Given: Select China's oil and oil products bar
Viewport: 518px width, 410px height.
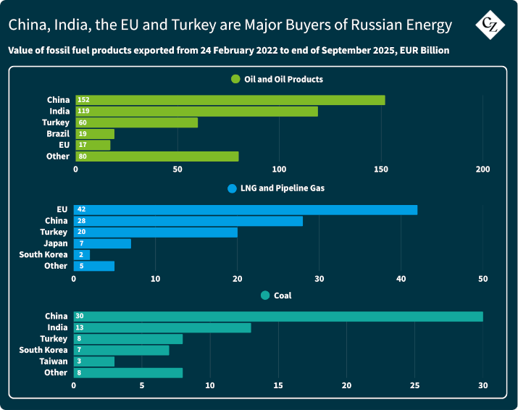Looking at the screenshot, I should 230,100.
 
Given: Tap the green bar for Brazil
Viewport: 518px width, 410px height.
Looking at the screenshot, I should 95,134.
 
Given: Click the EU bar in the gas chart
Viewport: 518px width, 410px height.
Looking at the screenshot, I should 246,210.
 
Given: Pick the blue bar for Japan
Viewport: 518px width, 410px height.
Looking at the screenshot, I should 102,243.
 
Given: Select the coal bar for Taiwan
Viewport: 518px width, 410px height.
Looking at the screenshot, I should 94,361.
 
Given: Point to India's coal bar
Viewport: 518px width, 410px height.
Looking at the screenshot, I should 162,327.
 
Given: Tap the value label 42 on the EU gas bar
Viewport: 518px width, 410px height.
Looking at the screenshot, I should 81,210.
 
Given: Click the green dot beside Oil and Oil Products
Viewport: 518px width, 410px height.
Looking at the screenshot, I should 235,79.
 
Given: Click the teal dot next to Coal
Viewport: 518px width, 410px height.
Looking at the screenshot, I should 264,296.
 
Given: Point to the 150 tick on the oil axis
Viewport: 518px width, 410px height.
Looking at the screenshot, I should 381,170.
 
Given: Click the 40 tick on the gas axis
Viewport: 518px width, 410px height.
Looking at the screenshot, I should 401,279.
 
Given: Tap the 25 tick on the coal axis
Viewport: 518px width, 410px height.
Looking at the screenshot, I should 414,385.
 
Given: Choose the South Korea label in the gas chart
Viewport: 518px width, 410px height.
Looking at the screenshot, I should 43,255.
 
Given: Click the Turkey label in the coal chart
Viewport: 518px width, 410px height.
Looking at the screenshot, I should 54,339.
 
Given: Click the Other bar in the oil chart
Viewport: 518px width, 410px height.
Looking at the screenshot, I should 156,156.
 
